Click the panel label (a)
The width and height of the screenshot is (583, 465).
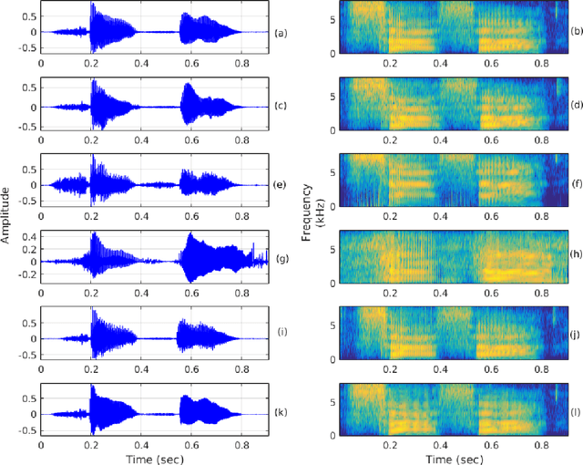[281, 34]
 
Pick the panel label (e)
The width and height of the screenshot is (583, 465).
[281, 184]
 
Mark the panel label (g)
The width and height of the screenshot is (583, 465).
[281, 260]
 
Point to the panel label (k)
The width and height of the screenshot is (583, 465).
[281, 413]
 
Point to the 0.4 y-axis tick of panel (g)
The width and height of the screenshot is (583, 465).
[26, 235]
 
